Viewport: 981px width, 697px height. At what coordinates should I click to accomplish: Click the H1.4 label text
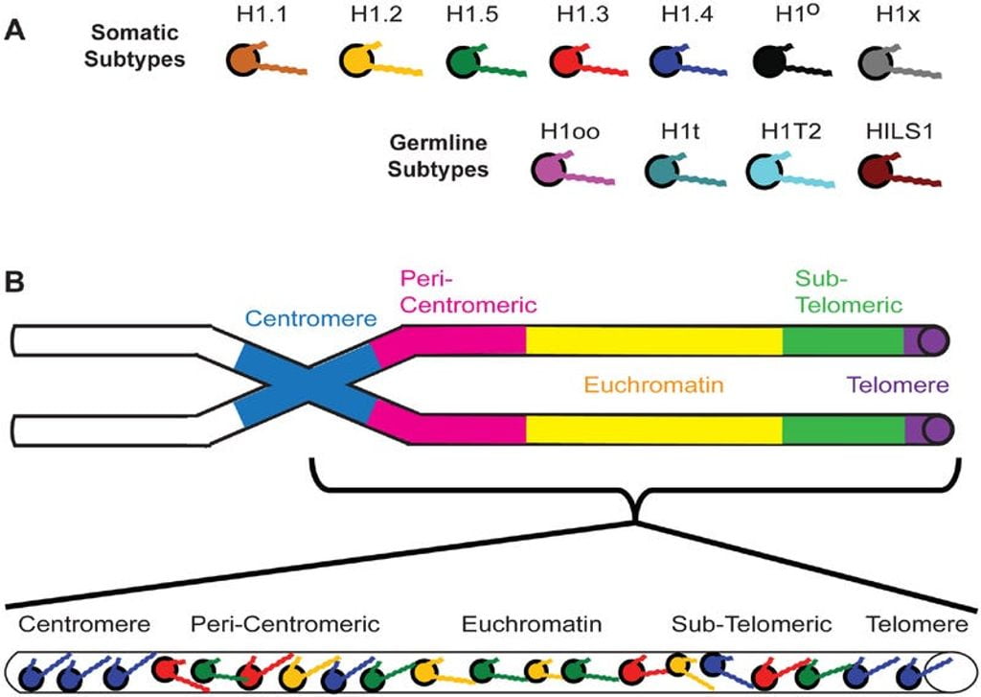click(681, 17)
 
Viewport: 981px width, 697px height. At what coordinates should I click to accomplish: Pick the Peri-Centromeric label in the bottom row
click(285, 625)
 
